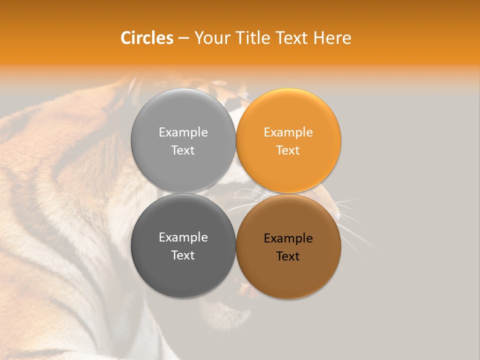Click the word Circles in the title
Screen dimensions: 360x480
coord(146,38)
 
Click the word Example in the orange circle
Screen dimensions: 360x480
coord(288,132)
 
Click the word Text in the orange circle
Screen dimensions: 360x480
coord(288,150)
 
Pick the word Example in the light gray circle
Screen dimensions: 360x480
coord(183,132)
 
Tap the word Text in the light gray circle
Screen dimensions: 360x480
coord(183,150)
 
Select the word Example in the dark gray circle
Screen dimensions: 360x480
coord(183,237)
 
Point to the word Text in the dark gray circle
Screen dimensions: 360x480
coord(183,255)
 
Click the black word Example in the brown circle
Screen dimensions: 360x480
coord(288,238)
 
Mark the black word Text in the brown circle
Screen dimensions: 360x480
coord(288,256)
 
